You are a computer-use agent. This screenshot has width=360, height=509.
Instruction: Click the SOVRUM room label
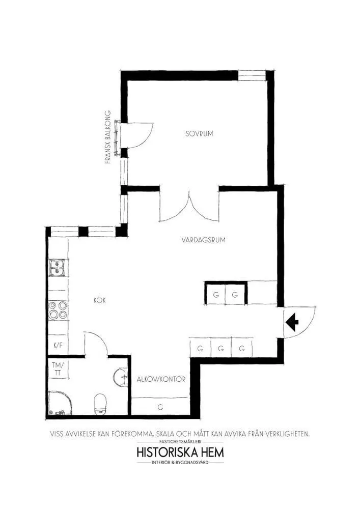[x=199, y=133]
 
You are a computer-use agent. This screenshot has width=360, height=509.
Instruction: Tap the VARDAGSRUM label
[x=204, y=240]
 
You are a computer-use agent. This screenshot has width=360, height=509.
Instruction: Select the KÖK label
[x=100, y=300]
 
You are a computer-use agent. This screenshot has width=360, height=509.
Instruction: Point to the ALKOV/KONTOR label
[x=161, y=379]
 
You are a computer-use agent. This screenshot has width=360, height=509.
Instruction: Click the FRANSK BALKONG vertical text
[x=108, y=137]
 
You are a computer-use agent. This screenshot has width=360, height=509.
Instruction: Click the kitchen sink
[x=58, y=268]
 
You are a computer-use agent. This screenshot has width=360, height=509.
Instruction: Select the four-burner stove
[x=58, y=310]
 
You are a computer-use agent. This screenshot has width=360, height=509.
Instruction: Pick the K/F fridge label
[x=58, y=346]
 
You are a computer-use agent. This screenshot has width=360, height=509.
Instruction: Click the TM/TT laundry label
[x=58, y=369]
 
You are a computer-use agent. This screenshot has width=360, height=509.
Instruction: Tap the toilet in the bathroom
[x=100, y=405]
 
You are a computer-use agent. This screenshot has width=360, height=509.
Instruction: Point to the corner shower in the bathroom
[x=61, y=403]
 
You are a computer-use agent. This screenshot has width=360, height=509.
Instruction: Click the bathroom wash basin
[x=121, y=377]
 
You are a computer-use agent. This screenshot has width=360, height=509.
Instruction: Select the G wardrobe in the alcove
[x=160, y=407]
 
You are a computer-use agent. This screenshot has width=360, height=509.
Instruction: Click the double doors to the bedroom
[x=189, y=206]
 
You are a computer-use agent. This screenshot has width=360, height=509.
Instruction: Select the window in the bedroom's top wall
[x=252, y=75]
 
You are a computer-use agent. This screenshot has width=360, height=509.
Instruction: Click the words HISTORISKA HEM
[x=180, y=452]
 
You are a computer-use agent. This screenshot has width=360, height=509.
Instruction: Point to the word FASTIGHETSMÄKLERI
[x=181, y=441]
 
